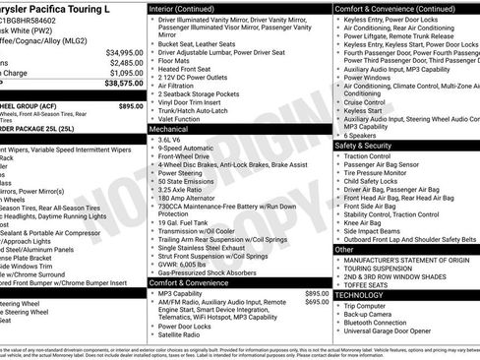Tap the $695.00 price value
click(x=317, y=302)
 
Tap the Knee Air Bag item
click(x=368, y=222)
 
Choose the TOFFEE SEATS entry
click(x=375, y=284)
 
